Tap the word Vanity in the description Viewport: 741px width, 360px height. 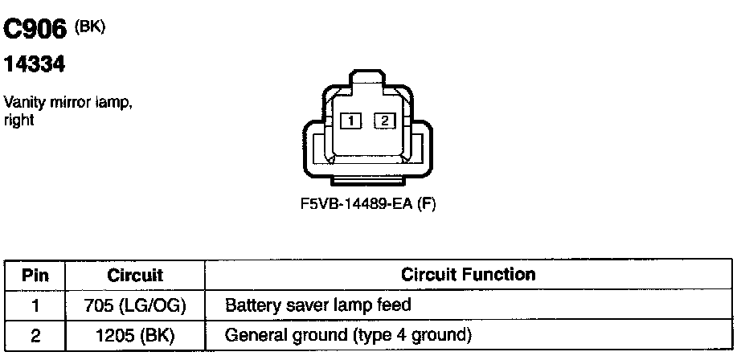(x=22, y=104)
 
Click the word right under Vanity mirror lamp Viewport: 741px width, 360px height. (x=18, y=121)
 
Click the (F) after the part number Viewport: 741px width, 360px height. (x=427, y=204)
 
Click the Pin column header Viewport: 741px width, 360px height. (x=35, y=275)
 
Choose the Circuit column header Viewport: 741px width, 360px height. (x=135, y=275)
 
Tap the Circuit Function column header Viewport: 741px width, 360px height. (x=468, y=275)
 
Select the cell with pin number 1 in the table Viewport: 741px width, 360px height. (x=35, y=305)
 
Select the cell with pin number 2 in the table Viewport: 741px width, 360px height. (x=35, y=334)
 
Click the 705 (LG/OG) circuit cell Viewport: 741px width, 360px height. (x=135, y=305)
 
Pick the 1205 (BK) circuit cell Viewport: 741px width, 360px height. (x=135, y=334)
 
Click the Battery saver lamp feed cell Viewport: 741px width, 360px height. (x=318, y=305)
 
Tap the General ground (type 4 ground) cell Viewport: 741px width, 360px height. (x=348, y=334)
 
